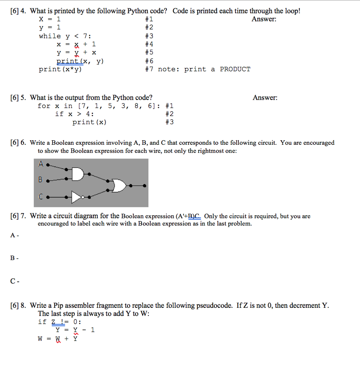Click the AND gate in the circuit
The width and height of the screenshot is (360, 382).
[x=78, y=175]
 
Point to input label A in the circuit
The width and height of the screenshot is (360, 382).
[x=41, y=163]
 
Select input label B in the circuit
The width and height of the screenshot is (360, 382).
[x=41, y=179]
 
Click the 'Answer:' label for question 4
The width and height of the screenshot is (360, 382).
[x=264, y=19]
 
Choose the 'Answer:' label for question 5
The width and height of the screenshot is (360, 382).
[x=265, y=98]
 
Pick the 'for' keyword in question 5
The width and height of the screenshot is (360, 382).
[x=44, y=106]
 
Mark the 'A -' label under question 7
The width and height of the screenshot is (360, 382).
[x=15, y=235]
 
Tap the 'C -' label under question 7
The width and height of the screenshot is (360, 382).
[x=15, y=282]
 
